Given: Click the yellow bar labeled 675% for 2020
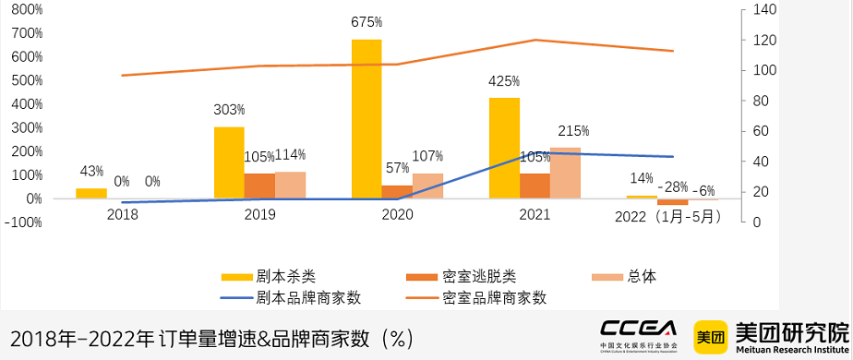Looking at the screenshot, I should [366, 119].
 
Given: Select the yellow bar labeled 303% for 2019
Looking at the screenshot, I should [229, 162].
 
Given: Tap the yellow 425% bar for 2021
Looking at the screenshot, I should [504, 148].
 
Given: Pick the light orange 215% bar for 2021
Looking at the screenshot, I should [565, 173].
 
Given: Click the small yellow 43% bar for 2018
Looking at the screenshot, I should [91, 193].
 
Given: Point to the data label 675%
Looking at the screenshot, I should [366, 22].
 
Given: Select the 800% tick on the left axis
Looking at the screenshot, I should [27, 9].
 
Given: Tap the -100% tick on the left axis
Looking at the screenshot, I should [23, 222].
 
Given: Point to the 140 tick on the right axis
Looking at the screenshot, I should [767, 9].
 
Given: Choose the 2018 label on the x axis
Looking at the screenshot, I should [122, 214].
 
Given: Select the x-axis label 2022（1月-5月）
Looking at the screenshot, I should [669, 216].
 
